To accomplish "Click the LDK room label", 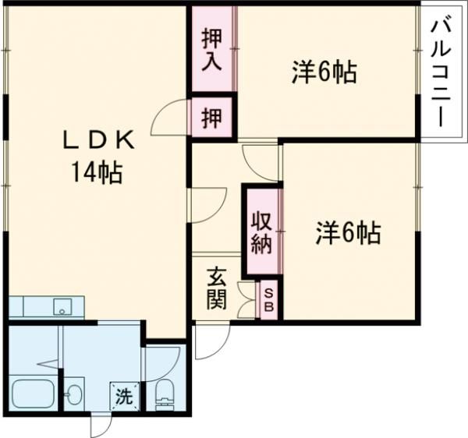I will point(99,140).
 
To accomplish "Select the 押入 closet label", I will point(211,49).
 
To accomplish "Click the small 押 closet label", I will point(211,118).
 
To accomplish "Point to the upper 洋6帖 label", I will point(324,72).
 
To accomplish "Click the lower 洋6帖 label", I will point(348,232).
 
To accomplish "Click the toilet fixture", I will point(165,396).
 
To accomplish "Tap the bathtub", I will point(33,394).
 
